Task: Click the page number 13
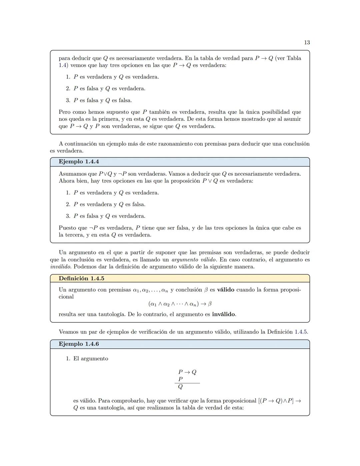(307, 42)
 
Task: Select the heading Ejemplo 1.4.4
(79, 162)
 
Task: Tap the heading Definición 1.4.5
(81, 279)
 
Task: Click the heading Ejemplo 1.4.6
(79, 344)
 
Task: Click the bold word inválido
(223, 314)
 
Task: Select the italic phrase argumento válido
(193, 260)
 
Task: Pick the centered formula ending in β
(180, 304)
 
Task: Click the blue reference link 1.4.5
(301, 332)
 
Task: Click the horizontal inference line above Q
(187, 383)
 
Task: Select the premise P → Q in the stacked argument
(187, 372)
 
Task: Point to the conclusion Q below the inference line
(180, 387)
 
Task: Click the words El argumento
(91, 359)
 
